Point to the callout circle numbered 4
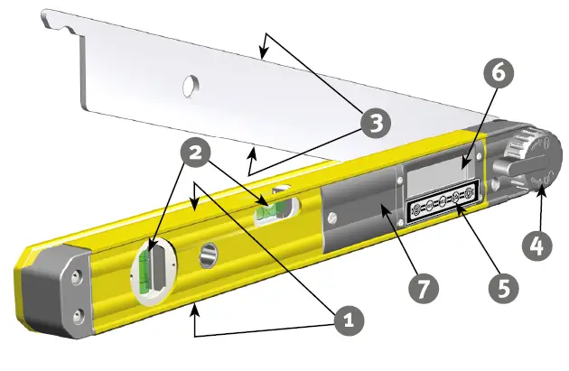536,245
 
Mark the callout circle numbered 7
423,288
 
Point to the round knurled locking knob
529,159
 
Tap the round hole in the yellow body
209,255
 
